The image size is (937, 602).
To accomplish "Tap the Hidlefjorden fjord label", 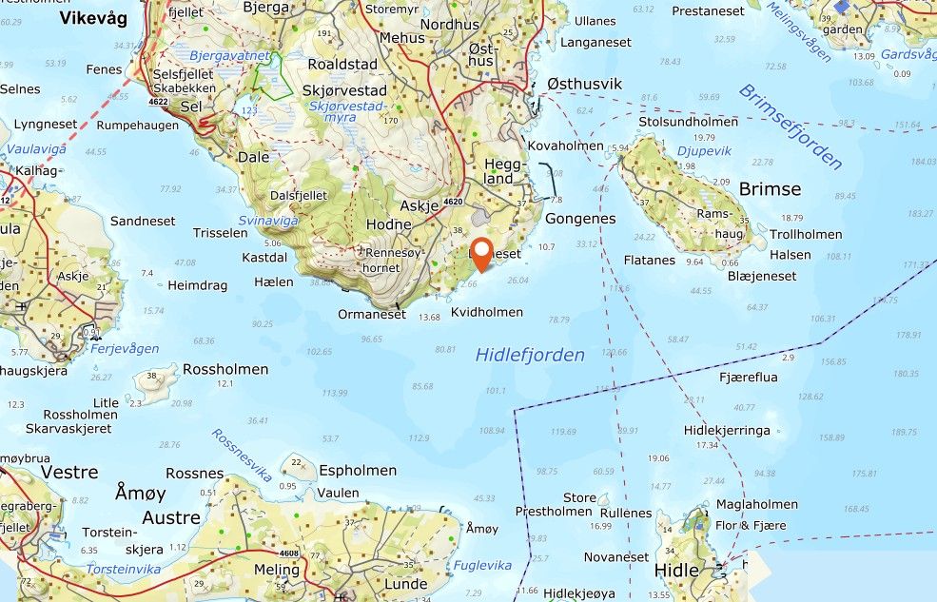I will (530, 355).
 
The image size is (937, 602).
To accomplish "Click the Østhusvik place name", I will (584, 84).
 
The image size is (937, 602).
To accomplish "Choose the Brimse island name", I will (770, 188).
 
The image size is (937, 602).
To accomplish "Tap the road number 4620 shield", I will (453, 202).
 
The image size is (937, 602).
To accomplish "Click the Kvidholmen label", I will (486, 312).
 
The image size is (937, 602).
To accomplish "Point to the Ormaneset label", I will (372, 314).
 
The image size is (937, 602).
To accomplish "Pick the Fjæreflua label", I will (749, 378).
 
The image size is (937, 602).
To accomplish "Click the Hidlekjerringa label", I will (727, 430).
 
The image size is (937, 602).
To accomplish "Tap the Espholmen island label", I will (358, 470).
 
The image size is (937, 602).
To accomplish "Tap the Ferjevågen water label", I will (125, 348).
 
